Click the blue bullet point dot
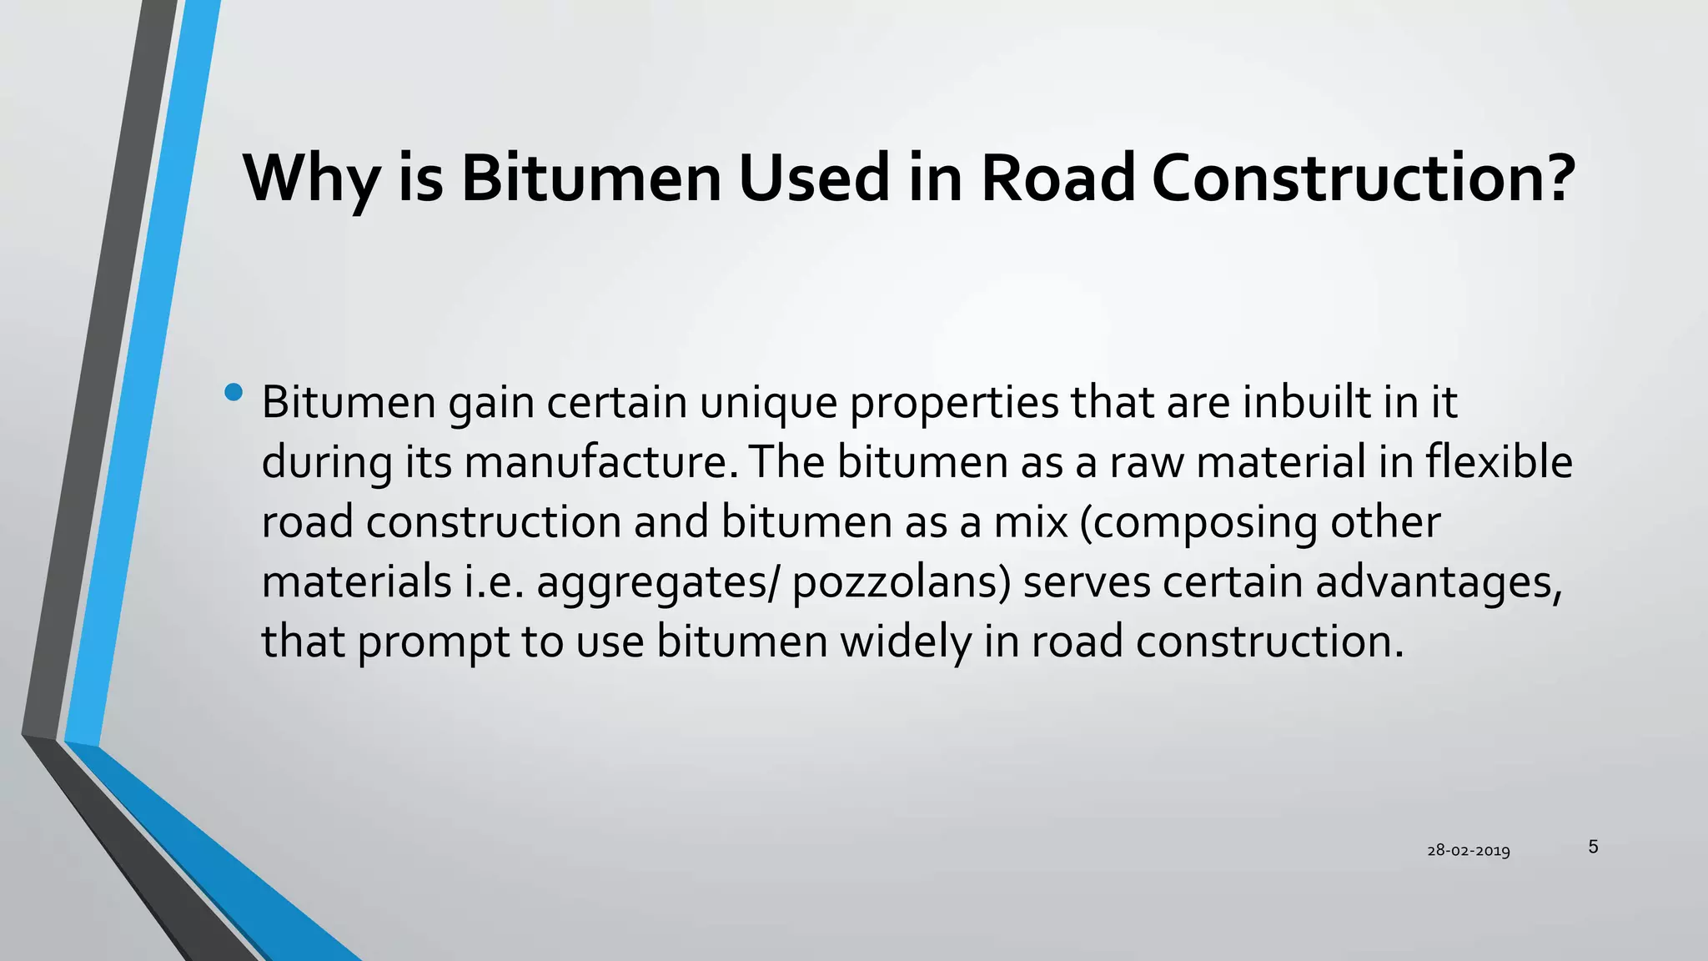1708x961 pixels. (234, 392)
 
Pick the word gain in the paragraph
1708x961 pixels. (491, 404)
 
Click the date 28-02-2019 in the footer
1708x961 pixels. (1469, 851)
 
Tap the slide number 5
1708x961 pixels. (1593, 847)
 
